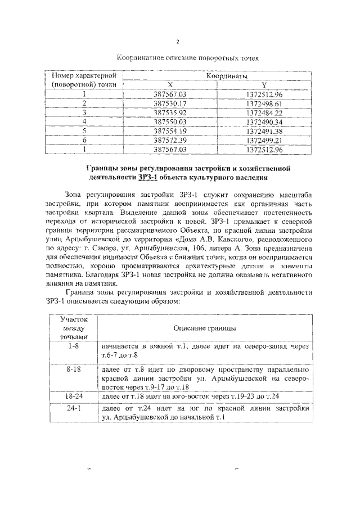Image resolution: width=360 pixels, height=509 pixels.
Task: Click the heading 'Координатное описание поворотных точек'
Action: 187,58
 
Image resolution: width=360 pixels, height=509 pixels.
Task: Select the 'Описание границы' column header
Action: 204,327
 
